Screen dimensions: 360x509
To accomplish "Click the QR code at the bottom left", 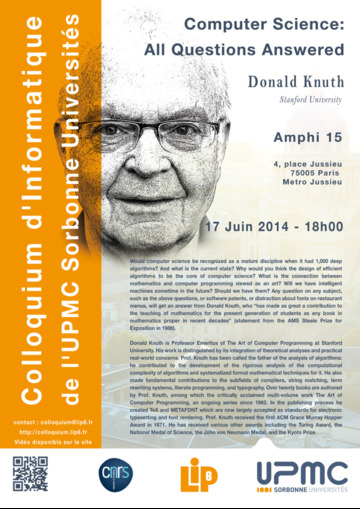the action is coord(30,475).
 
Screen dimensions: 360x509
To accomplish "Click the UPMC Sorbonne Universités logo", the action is coord(301,477).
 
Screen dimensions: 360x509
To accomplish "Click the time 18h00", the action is coord(325,227).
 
